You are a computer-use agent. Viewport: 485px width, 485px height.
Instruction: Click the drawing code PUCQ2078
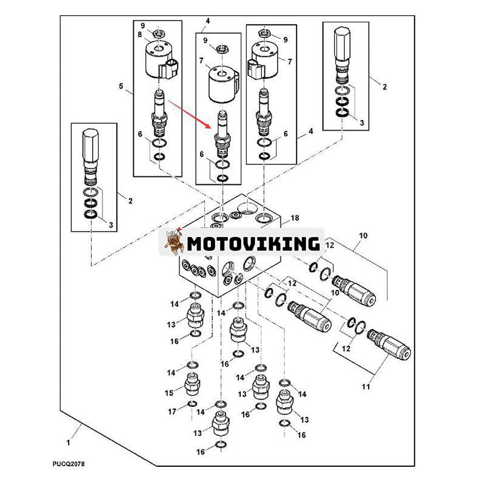point(68,464)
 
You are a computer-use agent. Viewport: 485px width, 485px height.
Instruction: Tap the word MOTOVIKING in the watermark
point(254,244)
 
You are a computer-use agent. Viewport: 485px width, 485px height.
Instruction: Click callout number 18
point(295,218)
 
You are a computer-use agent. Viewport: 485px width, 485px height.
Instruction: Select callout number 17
point(172,412)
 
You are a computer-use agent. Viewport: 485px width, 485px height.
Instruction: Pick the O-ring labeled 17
point(191,404)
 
